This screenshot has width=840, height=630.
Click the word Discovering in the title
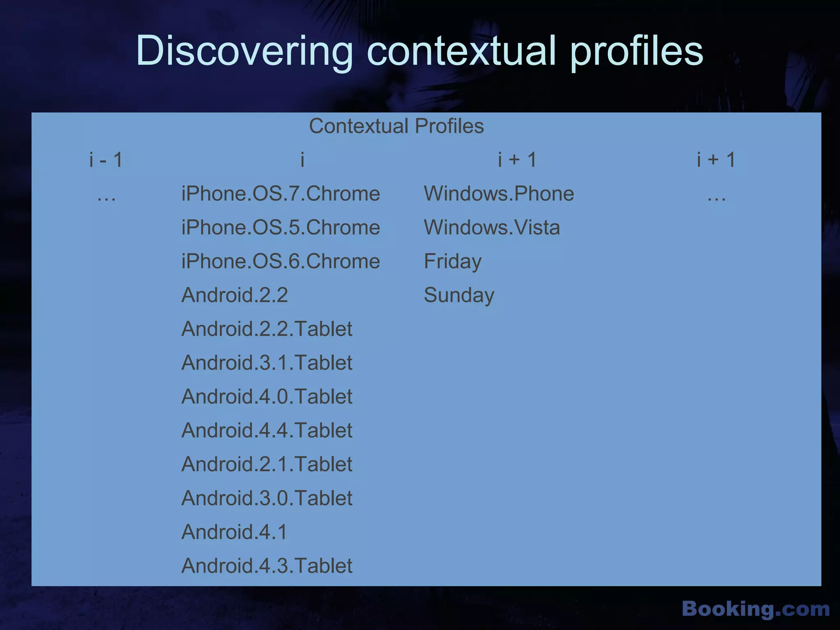(x=244, y=51)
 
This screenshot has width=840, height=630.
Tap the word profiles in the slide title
(x=637, y=51)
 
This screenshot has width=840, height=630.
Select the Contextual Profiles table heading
(x=396, y=126)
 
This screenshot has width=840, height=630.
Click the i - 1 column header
(x=106, y=160)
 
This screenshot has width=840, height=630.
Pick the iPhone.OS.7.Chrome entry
(x=281, y=194)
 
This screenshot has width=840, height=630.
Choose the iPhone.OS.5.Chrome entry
(x=281, y=227)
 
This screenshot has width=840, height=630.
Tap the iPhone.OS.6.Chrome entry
(x=281, y=261)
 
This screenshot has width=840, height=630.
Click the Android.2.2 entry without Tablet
(x=235, y=295)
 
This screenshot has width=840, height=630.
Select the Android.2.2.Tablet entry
(x=267, y=329)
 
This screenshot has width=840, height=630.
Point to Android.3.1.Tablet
(x=267, y=363)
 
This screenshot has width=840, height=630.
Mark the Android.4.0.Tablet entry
(x=267, y=397)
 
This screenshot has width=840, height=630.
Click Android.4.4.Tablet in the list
(x=267, y=430)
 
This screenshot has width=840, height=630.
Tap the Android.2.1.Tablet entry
(x=267, y=464)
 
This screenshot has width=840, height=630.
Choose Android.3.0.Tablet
(x=267, y=498)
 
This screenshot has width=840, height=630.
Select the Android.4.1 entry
(x=234, y=532)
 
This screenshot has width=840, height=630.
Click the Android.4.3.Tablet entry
(x=267, y=566)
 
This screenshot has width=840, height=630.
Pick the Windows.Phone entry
(x=499, y=194)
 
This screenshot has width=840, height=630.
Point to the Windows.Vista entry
(x=492, y=227)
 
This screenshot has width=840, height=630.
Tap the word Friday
(x=452, y=261)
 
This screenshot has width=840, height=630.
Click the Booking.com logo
(x=756, y=609)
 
